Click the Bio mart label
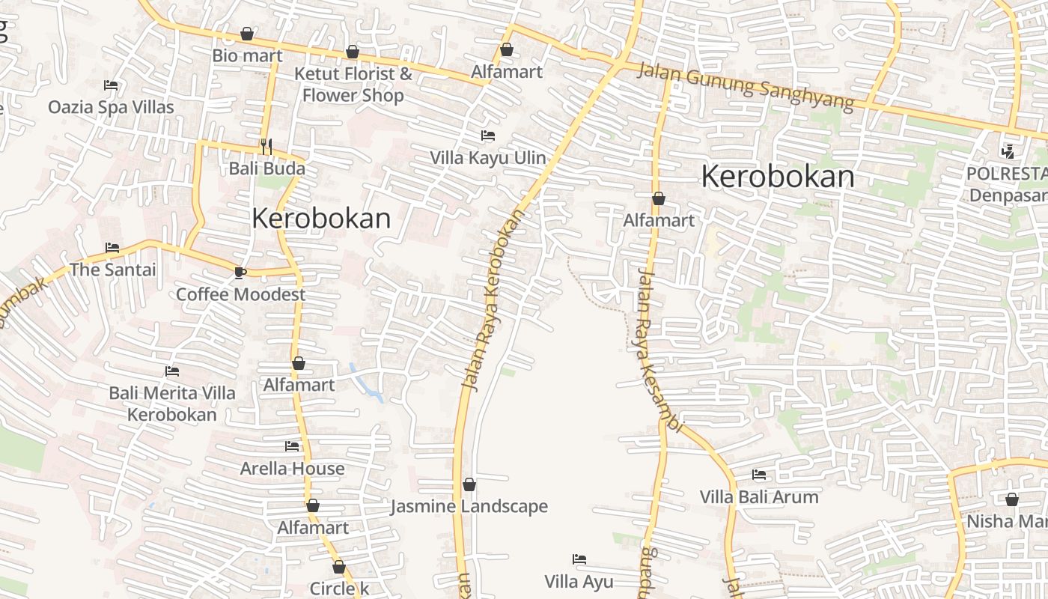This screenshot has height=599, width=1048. point(247,55)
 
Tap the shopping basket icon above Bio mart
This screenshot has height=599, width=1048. point(247,34)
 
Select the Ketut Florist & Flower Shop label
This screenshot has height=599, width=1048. point(353,85)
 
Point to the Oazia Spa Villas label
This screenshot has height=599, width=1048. point(111,107)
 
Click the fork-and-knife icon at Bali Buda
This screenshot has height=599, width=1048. point(266,145)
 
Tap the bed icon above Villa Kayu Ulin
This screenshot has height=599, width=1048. point(488,136)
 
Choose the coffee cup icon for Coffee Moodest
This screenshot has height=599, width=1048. point(240,273)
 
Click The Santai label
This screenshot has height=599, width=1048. point(113,270)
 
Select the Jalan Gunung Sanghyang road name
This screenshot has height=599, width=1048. point(746,87)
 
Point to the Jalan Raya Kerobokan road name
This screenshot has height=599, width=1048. point(492,299)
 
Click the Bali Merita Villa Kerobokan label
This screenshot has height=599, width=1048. point(172,404)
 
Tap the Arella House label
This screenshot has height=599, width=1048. point(292,469)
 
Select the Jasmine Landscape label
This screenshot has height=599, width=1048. point(469,507)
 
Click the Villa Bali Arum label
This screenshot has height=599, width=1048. point(759,497)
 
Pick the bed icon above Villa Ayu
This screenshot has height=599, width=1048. point(579,559)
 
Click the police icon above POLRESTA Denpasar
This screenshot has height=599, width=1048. point(1008,152)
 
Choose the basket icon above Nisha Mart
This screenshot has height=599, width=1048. point(1012,499)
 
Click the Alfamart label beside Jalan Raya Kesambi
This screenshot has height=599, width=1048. point(659,221)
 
